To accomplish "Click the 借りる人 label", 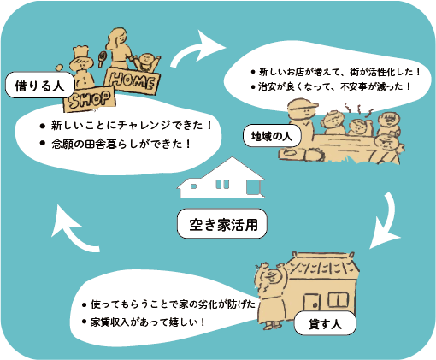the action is [x=40, y=85].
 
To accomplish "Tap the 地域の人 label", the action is [x=272, y=136].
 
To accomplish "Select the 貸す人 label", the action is [x=325, y=323].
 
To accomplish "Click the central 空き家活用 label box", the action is [x=222, y=224].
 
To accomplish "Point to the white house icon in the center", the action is [x=221, y=178].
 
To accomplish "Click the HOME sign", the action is [x=133, y=80].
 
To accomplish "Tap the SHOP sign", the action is [x=90, y=99].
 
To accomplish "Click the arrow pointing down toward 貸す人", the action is [x=387, y=222].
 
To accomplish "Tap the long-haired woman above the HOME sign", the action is [x=119, y=48].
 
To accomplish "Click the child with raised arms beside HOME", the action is [x=146, y=62].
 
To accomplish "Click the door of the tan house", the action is [x=311, y=303].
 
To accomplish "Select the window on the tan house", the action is [x=339, y=299].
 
